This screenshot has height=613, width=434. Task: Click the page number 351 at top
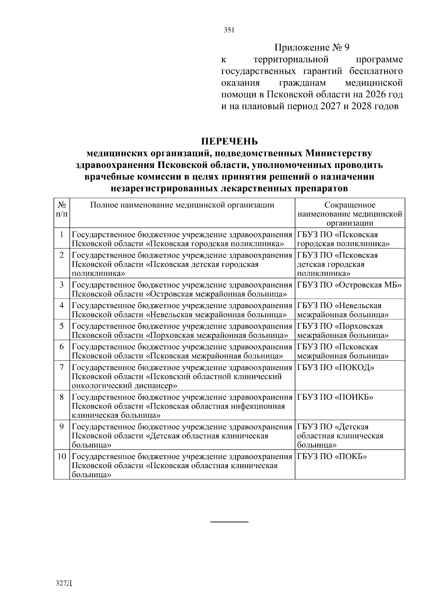[229, 30]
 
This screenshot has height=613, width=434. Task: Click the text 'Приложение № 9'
[312, 48]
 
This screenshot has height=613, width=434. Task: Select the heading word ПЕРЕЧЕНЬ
[229, 141]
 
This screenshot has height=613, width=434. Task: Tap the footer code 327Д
[64, 583]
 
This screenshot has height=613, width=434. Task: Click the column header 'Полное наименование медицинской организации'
[182, 206]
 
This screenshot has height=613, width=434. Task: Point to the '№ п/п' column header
[62, 210]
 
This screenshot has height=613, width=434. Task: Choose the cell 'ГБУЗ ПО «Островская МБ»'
[349, 285]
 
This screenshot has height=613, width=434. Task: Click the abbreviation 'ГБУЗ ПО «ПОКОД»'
[336, 368]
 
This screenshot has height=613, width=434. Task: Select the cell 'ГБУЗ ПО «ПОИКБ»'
[335, 397]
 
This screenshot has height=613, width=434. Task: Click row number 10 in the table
[62, 457]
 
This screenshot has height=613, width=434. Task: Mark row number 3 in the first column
[62, 285]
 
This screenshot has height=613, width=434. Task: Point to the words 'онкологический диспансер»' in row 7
[124, 386]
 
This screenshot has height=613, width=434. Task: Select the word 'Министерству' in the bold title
[339, 154]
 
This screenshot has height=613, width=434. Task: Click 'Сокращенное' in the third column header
[350, 206]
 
